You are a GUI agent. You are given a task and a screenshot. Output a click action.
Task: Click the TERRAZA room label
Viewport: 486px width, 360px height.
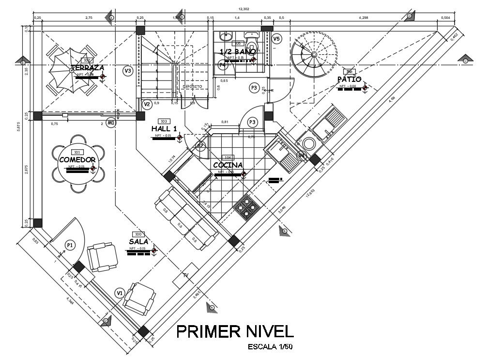click(87, 67)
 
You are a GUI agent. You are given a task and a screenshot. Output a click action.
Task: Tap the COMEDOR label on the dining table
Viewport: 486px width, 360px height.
click(77, 159)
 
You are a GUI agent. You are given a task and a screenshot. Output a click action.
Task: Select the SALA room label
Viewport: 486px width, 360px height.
click(138, 241)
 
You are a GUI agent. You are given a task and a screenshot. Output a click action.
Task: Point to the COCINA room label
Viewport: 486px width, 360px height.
click(228, 165)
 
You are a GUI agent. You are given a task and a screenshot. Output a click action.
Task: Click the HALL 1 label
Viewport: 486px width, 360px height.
click(165, 129)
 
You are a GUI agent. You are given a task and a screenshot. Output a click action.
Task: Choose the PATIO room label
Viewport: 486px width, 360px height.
click(349, 79)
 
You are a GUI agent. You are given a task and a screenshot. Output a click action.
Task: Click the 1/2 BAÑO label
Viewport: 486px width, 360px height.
click(237, 51)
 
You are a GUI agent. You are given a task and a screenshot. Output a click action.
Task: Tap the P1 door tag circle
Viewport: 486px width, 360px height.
click(70, 245)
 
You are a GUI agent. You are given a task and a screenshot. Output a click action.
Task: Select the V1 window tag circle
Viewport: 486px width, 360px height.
click(120, 292)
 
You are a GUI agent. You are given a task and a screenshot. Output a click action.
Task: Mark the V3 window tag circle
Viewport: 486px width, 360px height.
click(128, 71)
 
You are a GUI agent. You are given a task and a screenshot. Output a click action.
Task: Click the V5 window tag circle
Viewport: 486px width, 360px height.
click(276, 38)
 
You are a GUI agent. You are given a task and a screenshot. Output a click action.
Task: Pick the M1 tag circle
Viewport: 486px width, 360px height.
click(111, 123)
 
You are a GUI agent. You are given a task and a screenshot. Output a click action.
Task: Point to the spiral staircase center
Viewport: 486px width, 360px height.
click(314, 55)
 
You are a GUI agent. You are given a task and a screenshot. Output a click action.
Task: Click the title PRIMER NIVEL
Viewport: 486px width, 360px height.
click(235, 331)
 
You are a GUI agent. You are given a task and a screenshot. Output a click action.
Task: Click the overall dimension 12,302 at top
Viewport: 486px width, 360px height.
click(244, 9)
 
